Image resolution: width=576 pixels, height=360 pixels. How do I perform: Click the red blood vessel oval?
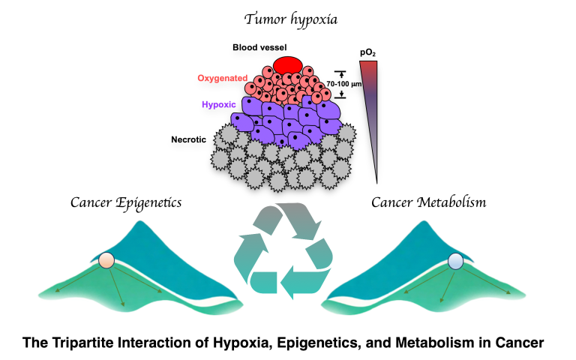286,64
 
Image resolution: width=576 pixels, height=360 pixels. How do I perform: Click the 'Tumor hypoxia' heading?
287,16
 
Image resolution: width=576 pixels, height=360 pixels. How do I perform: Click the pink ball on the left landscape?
106,262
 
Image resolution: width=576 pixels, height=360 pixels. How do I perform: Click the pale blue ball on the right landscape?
455,261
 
